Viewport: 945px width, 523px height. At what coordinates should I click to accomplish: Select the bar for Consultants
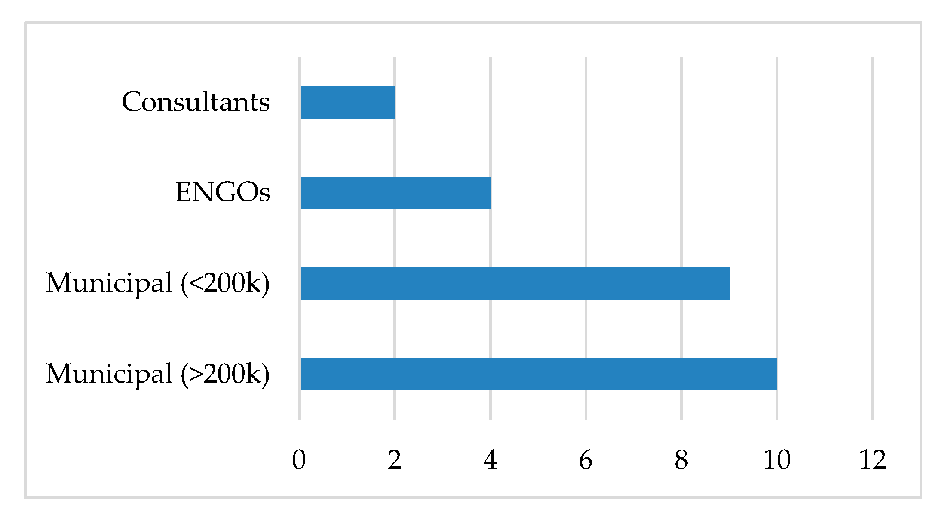tap(347, 102)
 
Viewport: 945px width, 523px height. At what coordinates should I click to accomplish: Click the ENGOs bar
tap(395, 193)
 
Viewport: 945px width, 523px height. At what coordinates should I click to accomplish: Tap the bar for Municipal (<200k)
tap(515, 283)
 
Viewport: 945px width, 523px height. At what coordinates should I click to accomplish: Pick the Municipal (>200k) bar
tap(539, 374)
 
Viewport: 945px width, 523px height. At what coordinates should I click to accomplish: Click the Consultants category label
tap(196, 102)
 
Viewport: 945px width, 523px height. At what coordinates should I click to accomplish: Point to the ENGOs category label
tap(223, 192)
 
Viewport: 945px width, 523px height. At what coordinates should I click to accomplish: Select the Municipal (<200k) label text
tap(157, 283)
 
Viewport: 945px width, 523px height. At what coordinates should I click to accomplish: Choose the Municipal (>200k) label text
tap(157, 374)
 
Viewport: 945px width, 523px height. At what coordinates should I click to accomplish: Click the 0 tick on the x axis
tap(299, 460)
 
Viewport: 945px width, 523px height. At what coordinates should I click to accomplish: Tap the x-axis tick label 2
tap(395, 460)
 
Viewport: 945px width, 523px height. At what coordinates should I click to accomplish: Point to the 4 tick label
tap(490, 460)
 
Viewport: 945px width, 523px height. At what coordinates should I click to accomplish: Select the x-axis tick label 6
tap(586, 460)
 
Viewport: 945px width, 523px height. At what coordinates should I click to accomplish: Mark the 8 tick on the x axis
tap(681, 460)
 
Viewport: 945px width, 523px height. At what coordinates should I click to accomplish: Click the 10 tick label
tap(777, 460)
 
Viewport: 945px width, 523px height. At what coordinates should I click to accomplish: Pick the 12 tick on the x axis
tap(872, 460)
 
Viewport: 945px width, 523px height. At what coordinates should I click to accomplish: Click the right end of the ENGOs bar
tap(490, 193)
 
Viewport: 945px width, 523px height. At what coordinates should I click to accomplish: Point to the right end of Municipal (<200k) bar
tap(729, 283)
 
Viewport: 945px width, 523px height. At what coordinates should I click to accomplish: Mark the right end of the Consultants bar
tap(394, 102)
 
